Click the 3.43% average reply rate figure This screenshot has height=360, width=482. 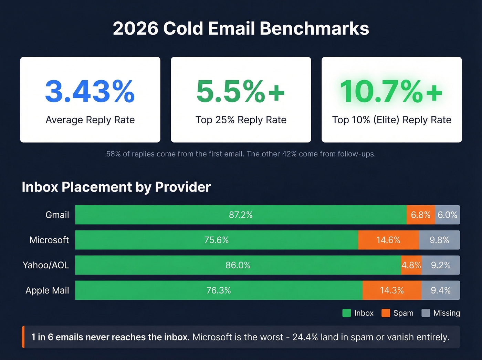pos(90,91)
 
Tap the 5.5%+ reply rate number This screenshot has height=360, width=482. pos(241,91)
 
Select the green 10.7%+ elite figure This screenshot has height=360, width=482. pos(391,91)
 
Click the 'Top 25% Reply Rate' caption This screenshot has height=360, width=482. pos(241,120)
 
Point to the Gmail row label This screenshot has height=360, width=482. pos(57,215)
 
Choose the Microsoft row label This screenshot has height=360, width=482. pos(49,240)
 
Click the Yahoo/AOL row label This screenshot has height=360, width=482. pos(46,265)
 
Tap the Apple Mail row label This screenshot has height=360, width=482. pos(47,290)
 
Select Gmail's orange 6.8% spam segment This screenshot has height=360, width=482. pos(420,215)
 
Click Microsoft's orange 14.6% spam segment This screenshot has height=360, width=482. pos(388,240)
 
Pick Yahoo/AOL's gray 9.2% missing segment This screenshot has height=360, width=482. pos(441,265)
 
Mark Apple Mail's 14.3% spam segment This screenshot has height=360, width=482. pos(392,290)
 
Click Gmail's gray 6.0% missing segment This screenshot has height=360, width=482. pos(447,215)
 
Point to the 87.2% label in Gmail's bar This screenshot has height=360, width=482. pos(241,215)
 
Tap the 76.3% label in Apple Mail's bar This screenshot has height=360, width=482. pos(219,290)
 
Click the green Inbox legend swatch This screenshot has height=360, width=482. pos(347,313)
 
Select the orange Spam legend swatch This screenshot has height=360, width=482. pos(386,313)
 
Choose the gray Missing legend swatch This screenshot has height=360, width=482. pos(426,313)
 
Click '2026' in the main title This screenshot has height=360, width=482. pos(135,29)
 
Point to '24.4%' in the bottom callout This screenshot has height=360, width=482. pos(305,337)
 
